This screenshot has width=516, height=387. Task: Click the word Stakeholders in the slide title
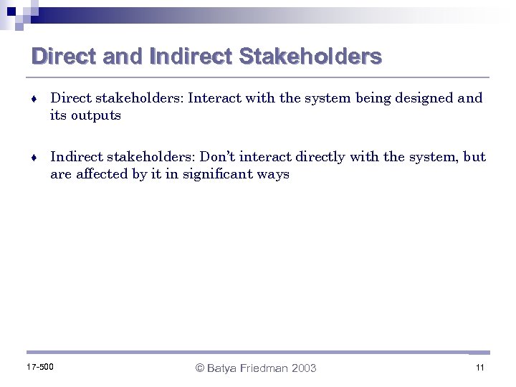pyautogui.click(x=310, y=57)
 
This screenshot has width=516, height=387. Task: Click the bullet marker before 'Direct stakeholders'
pyautogui.click(x=34, y=99)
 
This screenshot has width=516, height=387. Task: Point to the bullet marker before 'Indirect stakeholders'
pyautogui.click(x=34, y=158)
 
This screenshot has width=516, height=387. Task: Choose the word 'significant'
pyautogui.click(x=217, y=174)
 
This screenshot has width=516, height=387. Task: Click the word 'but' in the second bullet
pyautogui.click(x=474, y=157)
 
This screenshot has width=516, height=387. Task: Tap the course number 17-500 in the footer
pyautogui.click(x=39, y=368)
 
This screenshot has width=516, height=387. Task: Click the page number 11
pyautogui.click(x=479, y=368)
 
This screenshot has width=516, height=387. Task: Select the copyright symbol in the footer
pyautogui.click(x=201, y=368)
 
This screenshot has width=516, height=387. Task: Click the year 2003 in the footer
pyautogui.click(x=304, y=368)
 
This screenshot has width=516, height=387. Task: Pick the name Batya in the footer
pyautogui.click(x=224, y=368)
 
